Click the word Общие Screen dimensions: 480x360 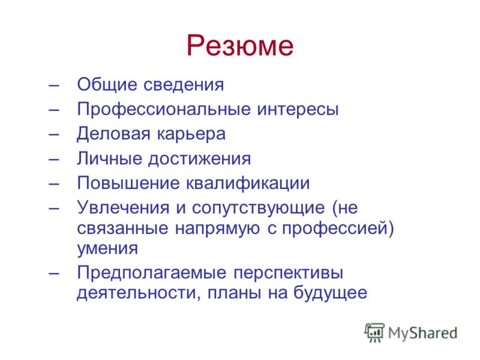click(x=107, y=85)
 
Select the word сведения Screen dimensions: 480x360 click(x=184, y=85)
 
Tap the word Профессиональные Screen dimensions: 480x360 click(x=164, y=110)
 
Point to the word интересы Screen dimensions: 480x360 click(x=298, y=109)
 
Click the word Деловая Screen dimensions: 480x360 click(x=113, y=134)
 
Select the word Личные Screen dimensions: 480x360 click(x=110, y=159)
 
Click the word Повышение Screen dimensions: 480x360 click(x=128, y=183)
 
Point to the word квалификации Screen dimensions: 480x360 click(x=248, y=184)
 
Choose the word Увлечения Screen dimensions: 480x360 click(x=123, y=208)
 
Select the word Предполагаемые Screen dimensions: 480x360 click(x=152, y=273)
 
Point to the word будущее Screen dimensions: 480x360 click(x=331, y=293)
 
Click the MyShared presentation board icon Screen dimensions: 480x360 click(x=374, y=332)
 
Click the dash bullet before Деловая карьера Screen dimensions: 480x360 click(x=53, y=134)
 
